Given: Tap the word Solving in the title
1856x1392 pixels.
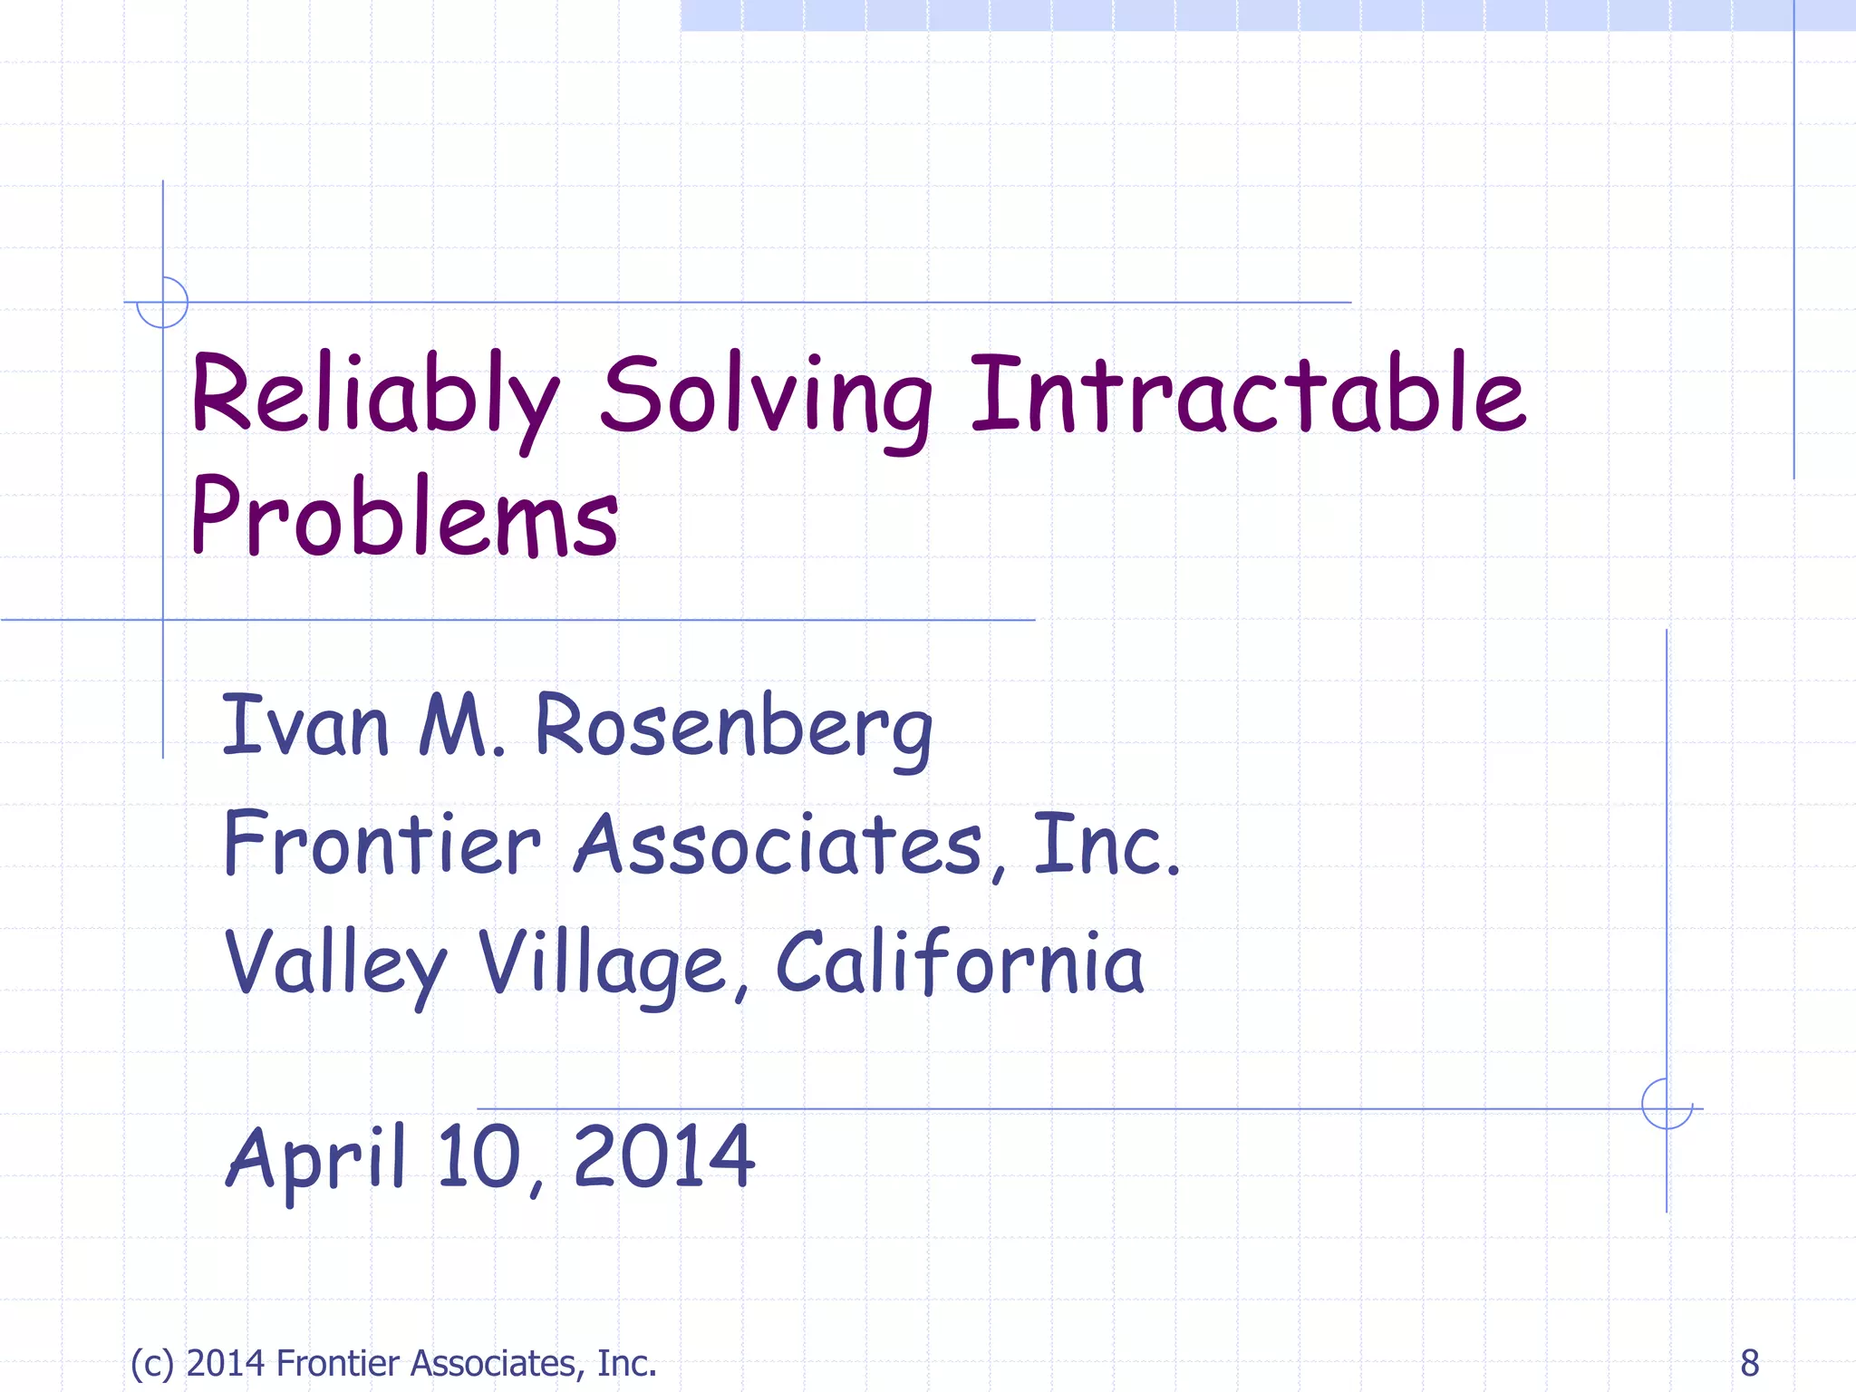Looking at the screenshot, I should [766, 399].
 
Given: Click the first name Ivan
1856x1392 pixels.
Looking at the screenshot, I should [305, 725].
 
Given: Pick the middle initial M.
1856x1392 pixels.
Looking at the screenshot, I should [460, 725].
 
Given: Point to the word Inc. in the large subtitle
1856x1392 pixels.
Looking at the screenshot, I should [1107, 845].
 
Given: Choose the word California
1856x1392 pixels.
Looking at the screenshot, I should [960, 962].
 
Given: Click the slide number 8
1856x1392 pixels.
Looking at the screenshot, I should [1749, 1363].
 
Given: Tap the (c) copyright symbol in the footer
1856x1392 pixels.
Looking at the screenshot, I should [151, 1363].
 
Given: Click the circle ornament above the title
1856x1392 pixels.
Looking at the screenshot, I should [162, 302].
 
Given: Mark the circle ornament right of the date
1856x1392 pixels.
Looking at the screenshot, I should [1667, 1104].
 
